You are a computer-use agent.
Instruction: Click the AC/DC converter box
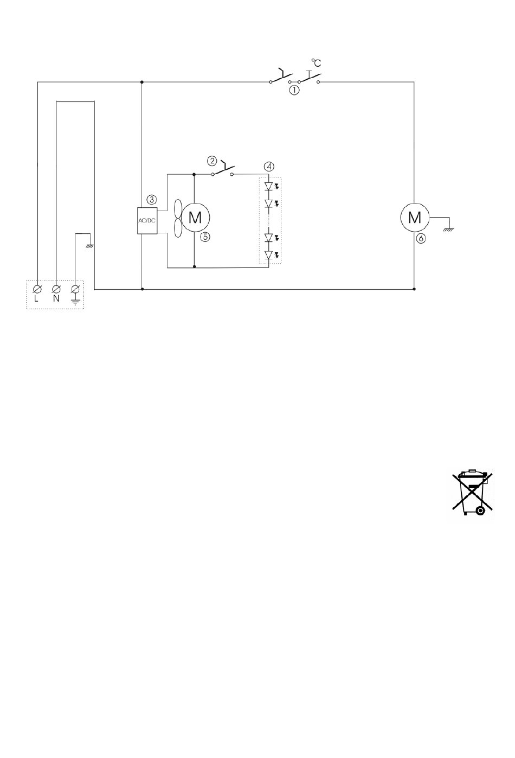coord(147,220)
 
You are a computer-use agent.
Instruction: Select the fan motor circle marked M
coord(196,217)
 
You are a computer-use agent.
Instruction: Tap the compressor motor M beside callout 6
coord(415,217)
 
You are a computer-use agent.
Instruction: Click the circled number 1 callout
coord(294,91)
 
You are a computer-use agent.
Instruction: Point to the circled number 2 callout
coord(212,161)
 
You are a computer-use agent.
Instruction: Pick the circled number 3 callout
coord(152,200)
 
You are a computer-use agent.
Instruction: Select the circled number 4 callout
coord(269,167)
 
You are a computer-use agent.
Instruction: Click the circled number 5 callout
coord(205,237)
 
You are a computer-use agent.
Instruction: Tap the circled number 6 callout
coord(421,239)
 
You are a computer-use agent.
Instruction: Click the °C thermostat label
coord(316,63)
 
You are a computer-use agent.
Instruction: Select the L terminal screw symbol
coord(37,289)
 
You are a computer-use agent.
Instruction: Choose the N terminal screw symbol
coord(56,289)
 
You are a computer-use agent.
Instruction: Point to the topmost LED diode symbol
coord(269,186)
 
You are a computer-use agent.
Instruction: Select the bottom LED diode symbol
coord(269,255)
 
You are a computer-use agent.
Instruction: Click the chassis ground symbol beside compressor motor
coord(449,230)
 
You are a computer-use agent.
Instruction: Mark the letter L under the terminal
coord(36,298)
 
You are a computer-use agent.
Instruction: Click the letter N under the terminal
coord(56,298)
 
